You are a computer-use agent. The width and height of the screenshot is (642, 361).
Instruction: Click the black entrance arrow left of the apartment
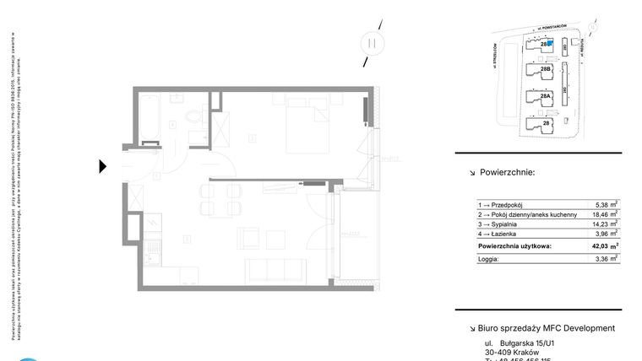(103, 166)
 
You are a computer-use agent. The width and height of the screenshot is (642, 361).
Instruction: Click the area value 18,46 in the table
(601, 215)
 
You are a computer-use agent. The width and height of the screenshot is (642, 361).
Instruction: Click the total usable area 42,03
(601, 246)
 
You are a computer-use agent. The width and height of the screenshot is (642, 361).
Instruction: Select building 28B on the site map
(545, 69)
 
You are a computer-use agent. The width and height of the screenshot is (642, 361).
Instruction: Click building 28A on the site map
(545, 97)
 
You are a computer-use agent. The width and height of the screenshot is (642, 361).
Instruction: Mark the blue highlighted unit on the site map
(551, 42)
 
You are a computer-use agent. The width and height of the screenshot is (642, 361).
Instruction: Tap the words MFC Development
(578, 328)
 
